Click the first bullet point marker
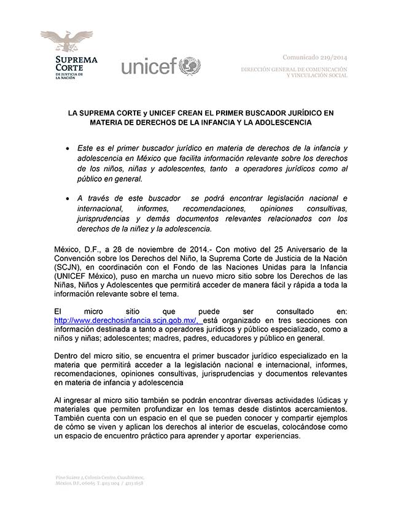[x=67, y=150]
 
